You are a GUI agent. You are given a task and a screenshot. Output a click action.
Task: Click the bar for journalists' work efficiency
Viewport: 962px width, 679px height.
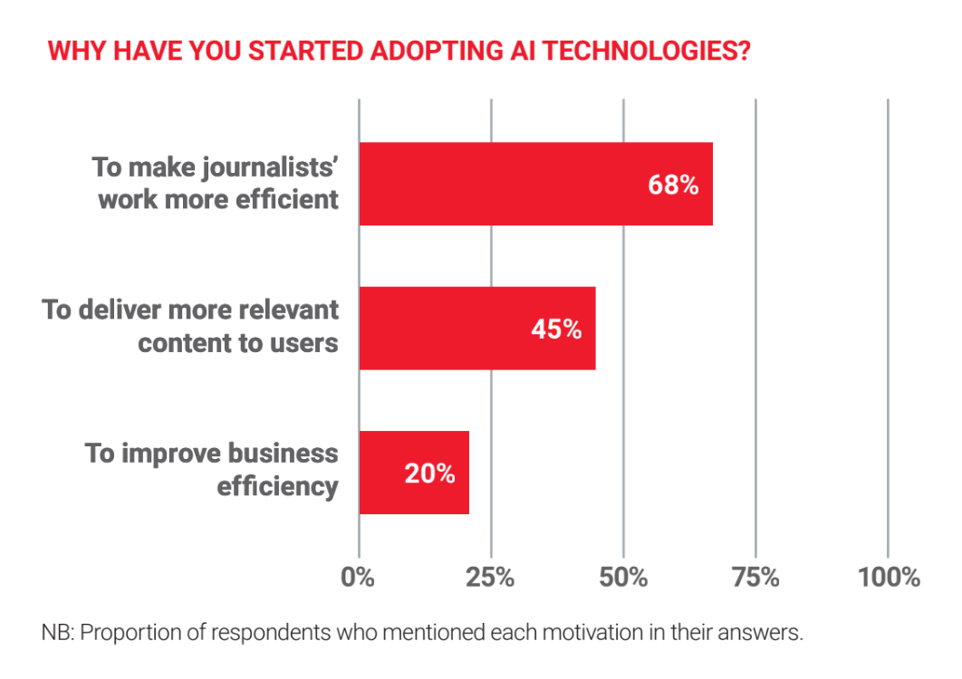(536, 184)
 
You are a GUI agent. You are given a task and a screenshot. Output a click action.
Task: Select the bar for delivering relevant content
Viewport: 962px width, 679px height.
(477, 328)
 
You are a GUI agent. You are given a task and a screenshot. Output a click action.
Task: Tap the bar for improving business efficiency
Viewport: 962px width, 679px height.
(414, 473)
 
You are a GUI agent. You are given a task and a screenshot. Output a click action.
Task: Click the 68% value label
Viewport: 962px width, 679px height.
(673, 185)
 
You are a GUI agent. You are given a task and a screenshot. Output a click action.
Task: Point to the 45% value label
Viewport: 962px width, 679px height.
(556, 330)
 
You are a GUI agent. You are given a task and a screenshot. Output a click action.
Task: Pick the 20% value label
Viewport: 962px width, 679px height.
(429, 473)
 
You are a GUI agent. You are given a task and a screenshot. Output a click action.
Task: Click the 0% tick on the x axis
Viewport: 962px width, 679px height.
(358, 578)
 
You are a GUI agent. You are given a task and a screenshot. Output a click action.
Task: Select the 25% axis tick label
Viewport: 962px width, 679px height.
(490, 578)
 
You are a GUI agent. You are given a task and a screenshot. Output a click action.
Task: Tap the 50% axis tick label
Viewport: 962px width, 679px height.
(623, 578)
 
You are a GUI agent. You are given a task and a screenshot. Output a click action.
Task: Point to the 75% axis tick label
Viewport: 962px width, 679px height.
(755, 578)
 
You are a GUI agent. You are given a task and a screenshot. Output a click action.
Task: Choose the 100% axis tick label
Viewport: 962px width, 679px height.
(889, 578)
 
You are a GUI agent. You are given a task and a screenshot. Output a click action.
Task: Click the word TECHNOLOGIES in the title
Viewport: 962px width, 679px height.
(647, 51)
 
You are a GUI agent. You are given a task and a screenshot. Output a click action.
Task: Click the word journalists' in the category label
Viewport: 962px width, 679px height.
(271, 167)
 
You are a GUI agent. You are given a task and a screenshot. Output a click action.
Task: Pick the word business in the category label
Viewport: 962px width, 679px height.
(283, 454)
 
